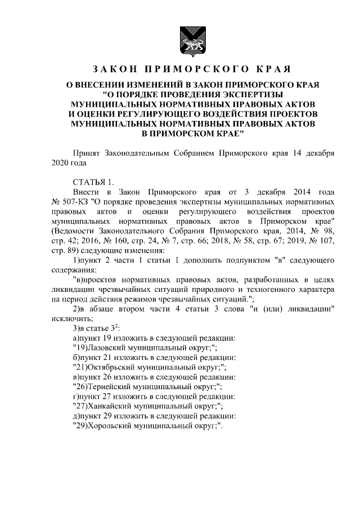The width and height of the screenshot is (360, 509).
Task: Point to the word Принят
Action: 87,153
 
